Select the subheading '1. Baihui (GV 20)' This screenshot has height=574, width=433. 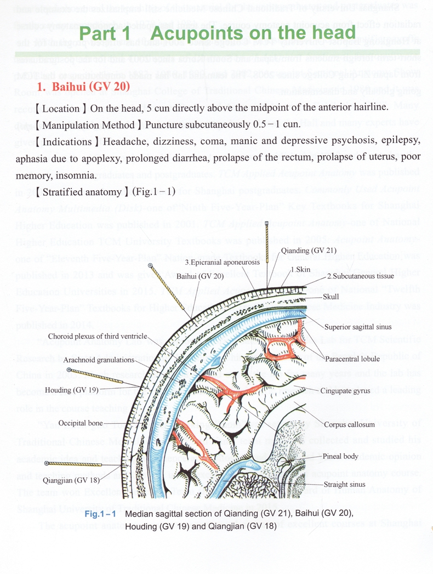tap(83, 87)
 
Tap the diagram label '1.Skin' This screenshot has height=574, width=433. tap(300, 269)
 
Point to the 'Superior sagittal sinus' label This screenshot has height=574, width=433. tap(357, 327)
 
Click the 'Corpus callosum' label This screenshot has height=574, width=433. tap(349, 424)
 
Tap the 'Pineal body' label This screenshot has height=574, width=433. tap(341, 456)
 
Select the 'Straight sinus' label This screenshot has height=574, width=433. tap(344, 485)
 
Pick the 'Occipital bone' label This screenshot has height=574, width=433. tap(81, 423)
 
